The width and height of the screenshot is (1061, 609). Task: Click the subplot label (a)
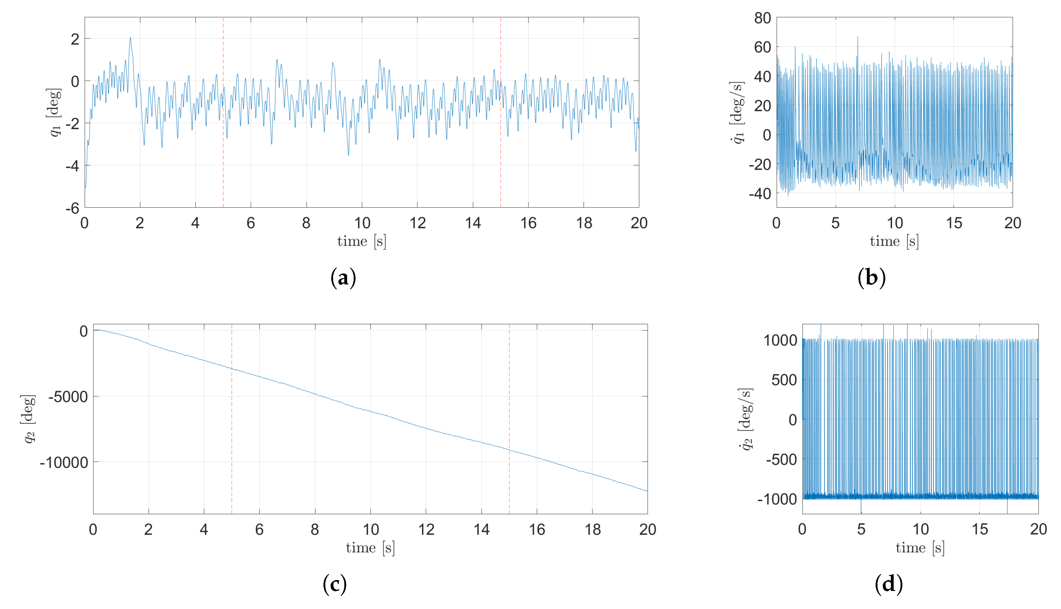[x=343, y=278]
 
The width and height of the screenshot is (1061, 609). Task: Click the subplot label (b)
[x=872, y=278]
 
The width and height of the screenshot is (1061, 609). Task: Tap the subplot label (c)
[x=335, y=584]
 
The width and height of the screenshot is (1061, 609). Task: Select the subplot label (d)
[x=889, y=584]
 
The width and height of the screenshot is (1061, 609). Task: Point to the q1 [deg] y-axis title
[x=55, y=112]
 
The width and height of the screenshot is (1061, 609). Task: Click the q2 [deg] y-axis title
[x=28, y=419]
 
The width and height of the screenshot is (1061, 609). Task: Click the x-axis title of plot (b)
[x=894, y=241]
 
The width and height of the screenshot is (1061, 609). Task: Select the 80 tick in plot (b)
[x=762, y=18]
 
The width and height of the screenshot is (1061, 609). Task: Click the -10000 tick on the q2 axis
[x=64, y=463]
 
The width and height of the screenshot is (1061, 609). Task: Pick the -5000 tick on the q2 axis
[x=68, y=397]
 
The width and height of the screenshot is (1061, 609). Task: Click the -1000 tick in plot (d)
[x=777, y=499]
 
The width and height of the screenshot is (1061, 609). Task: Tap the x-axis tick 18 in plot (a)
[x=584, y=223]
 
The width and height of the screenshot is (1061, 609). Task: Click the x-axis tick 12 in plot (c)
[x=426, y=530]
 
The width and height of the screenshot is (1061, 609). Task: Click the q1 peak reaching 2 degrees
[x=130, y=38]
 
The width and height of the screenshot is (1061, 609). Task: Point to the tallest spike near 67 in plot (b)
[x=857, y=38]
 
